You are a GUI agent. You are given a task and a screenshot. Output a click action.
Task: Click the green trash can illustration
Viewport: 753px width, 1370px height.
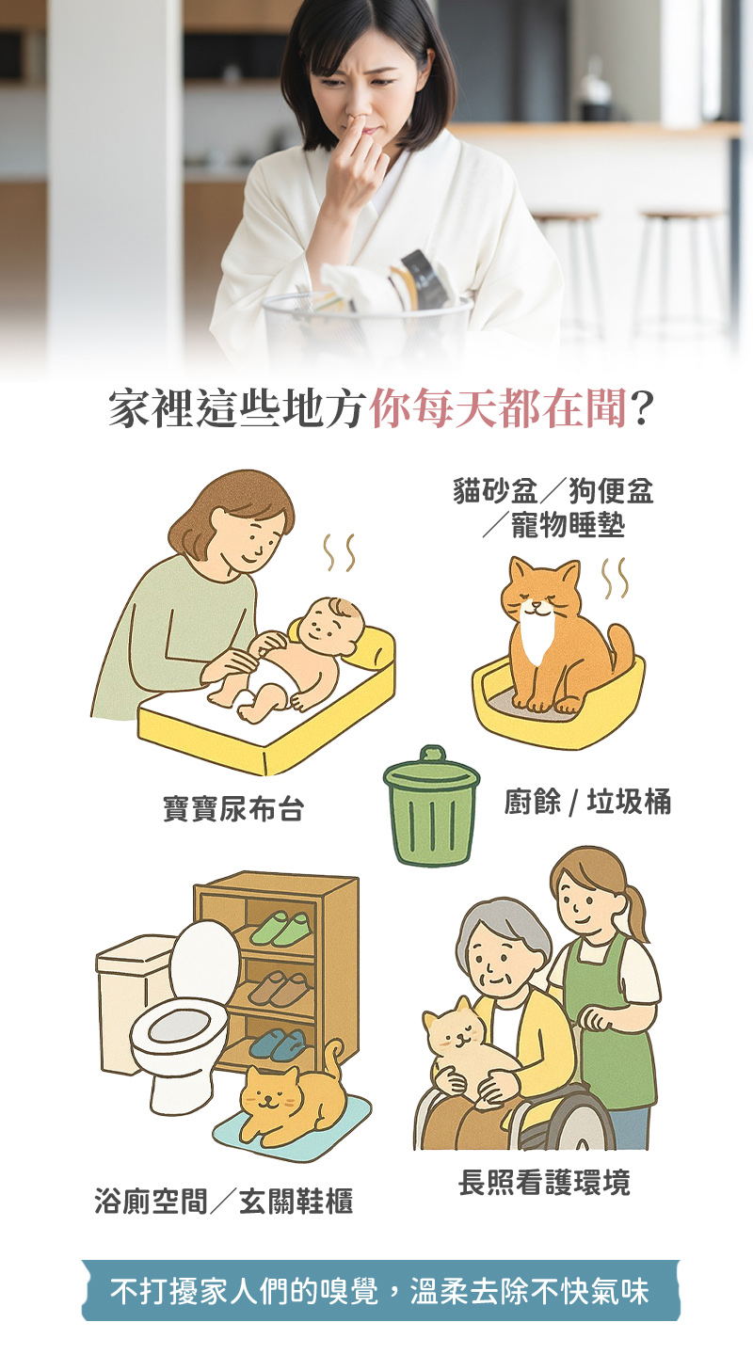pos(431,804)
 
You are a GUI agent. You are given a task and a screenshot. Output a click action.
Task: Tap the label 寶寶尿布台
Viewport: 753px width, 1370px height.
pos(233,808)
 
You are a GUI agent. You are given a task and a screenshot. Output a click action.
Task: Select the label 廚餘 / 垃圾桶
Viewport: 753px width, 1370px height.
pos(587,802)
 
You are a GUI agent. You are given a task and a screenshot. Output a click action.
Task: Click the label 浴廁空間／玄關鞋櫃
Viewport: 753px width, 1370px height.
pos(224,1201)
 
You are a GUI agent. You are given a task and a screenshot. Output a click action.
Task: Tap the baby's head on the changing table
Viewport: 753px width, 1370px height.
pos(333,627)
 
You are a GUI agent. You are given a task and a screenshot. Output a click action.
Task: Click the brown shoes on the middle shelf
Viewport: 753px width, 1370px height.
pos(279,987)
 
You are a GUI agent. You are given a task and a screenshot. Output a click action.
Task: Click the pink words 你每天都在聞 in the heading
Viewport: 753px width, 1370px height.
pos(499,408)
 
